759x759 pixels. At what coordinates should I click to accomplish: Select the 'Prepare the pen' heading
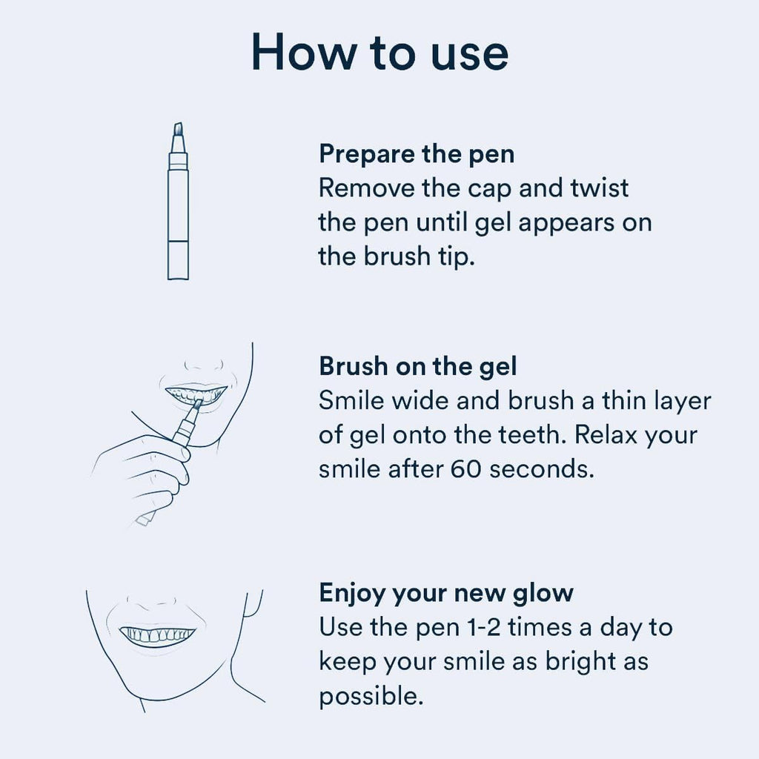(x=417, y=154)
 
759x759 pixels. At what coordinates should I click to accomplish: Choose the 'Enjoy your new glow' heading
(x=446, y=593)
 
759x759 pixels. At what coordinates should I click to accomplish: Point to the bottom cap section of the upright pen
(x=178, y=259)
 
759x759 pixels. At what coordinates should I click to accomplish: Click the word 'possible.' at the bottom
(x=371, y=695)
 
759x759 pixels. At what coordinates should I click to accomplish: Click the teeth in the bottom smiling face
(x=158, y=634)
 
